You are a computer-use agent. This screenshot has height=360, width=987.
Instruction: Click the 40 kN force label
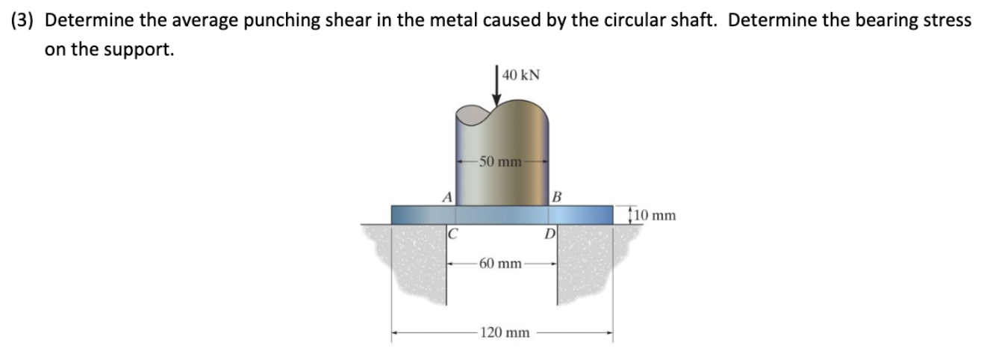point(522,75)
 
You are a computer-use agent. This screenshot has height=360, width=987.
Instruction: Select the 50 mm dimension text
point(500,161)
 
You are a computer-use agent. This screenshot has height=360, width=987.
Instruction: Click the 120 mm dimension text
point(505,332)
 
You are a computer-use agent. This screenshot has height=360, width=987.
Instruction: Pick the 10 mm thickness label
point(656,216)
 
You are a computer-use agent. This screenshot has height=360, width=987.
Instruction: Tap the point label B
point(557,197)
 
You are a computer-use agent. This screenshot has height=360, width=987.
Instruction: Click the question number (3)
point(24,20)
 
